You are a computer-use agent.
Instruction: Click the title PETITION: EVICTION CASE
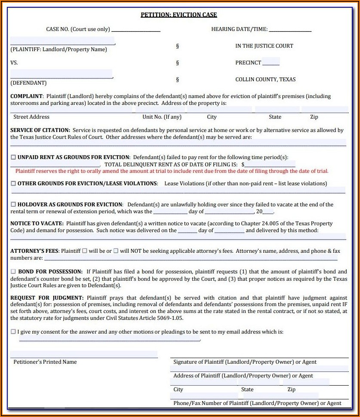[x=179, y=15]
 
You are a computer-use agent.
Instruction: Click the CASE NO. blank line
[x=135, y=29]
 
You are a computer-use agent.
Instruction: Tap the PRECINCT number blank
[x=271, y=63]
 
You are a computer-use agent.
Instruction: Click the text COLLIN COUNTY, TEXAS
[x=265, y=80]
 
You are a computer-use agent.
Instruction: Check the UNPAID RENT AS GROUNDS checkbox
[x=13, y=157]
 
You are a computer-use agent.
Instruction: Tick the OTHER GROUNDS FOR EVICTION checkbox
[x=13, y=184]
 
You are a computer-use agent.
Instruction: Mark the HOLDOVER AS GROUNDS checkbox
[x=13, y=205]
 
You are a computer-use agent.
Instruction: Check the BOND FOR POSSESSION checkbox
[x=13, y=272]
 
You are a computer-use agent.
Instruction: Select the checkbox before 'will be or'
[x=85, y=251]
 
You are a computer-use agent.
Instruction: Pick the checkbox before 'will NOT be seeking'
[x=116, y=251]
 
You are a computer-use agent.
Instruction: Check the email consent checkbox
[x=13, y=332]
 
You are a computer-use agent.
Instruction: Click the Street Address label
[x=31, y=117]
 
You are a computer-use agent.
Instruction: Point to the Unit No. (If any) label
[x=162, y=117]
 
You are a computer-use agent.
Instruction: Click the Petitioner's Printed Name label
[x=45, y=362]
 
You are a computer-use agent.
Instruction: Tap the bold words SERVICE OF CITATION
[x=40, y=130]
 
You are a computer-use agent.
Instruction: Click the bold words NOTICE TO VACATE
[x=37, y=224]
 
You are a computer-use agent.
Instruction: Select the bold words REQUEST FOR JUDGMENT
[x=47, y=298]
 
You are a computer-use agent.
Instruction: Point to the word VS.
[x=14, y=63]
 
